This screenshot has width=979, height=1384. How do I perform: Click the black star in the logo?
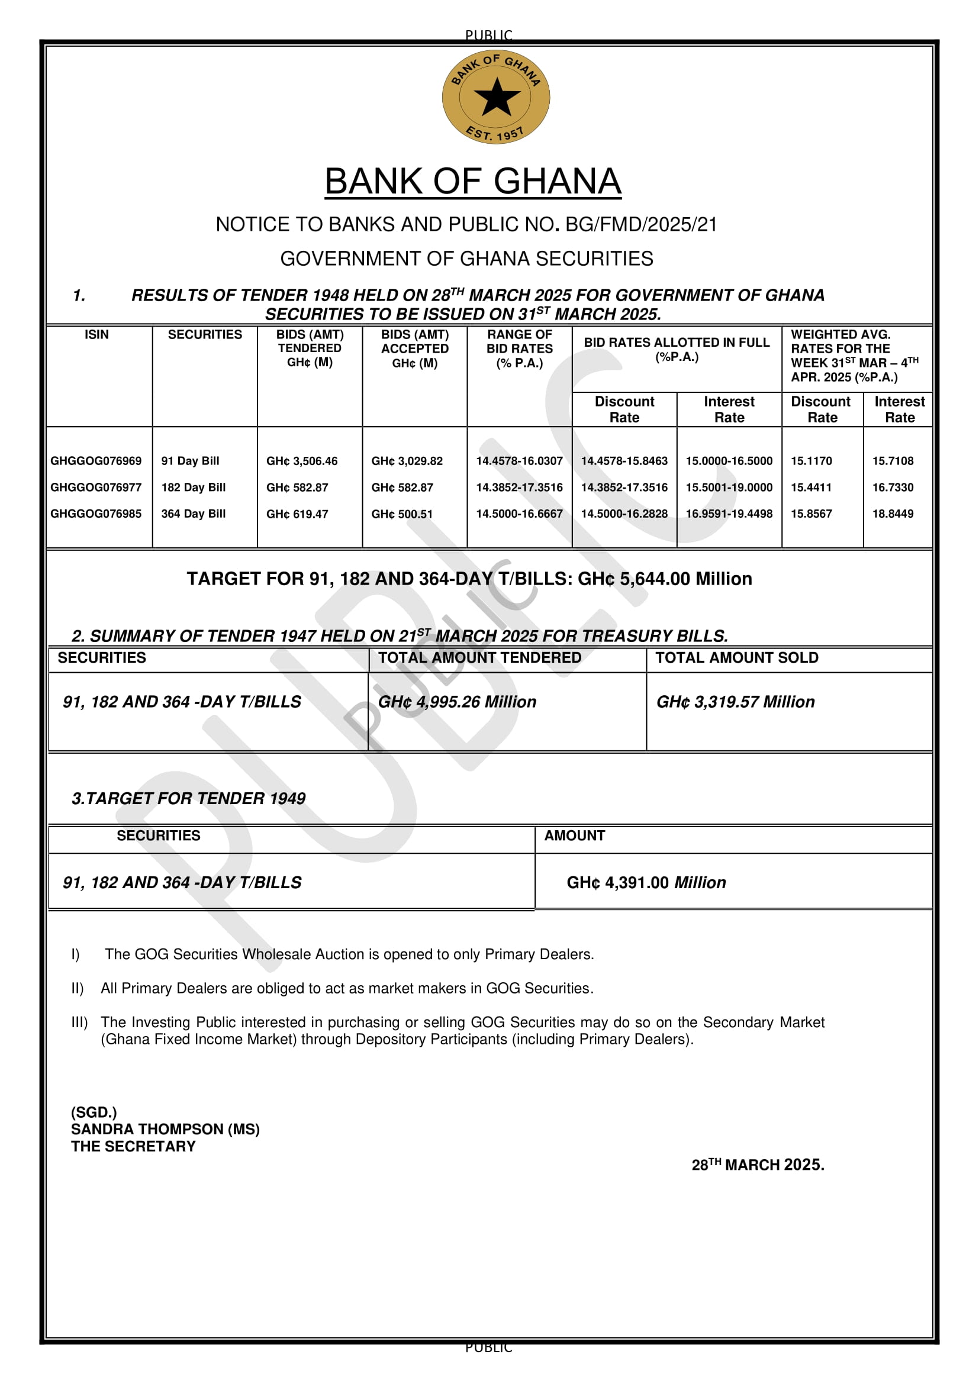tap(497, 96)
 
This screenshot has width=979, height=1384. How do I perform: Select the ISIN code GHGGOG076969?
tap(96, 461)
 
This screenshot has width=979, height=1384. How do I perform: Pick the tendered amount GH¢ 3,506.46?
tap(302, 461)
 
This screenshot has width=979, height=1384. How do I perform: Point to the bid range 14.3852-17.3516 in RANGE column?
tap(519, 488)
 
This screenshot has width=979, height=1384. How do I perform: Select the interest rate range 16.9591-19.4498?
tap(729, 514)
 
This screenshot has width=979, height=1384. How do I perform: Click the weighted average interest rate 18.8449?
tap(893, 514)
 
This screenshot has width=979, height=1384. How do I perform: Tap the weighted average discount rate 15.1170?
tap(811, 461)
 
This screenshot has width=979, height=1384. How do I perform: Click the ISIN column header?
tap(96, 334)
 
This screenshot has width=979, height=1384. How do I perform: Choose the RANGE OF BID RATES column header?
tap(520, 349)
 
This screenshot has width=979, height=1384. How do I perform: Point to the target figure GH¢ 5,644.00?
tap(633, 579)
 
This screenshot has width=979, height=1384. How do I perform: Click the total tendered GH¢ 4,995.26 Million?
tap(457, 702)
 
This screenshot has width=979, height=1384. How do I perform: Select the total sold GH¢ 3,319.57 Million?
tap(736, 702)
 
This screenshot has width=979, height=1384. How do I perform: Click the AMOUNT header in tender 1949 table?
tap(575, 836)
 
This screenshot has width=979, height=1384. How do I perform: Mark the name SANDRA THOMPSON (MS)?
tap(165, 1129)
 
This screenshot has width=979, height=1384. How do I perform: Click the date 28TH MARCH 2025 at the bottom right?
tap(758, 1164)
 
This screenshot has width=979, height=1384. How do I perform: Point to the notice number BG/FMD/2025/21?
tap(642, 225)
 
